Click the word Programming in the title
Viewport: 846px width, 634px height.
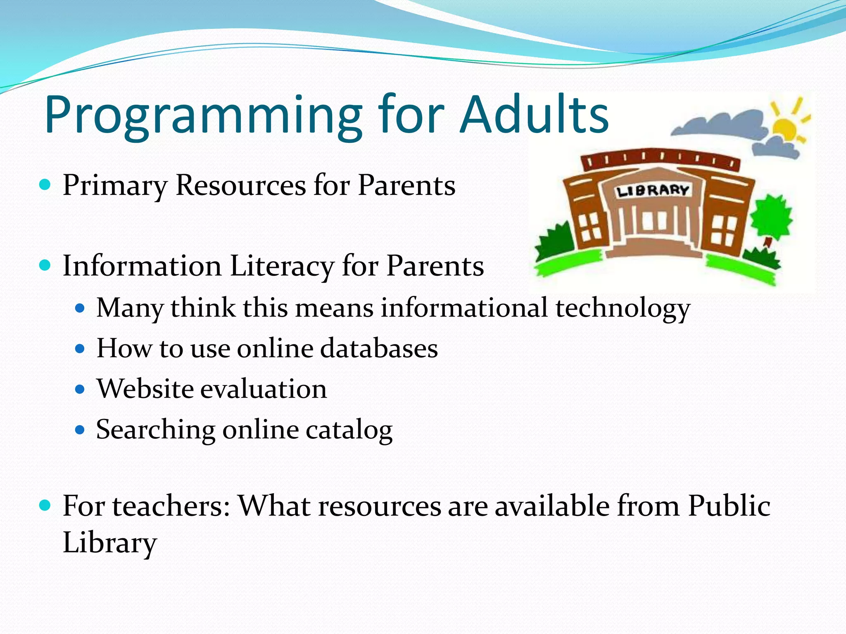tap(202, 116)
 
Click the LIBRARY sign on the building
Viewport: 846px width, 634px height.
tap(652, 191)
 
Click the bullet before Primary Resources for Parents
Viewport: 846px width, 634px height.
tap(45, 184)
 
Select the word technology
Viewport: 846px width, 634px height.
tap(623, 308)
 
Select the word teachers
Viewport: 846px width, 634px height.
tap(170, 506)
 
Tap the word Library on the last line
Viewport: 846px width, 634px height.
tap(109, 542)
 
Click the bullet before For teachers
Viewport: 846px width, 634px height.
tap(45, 505)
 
